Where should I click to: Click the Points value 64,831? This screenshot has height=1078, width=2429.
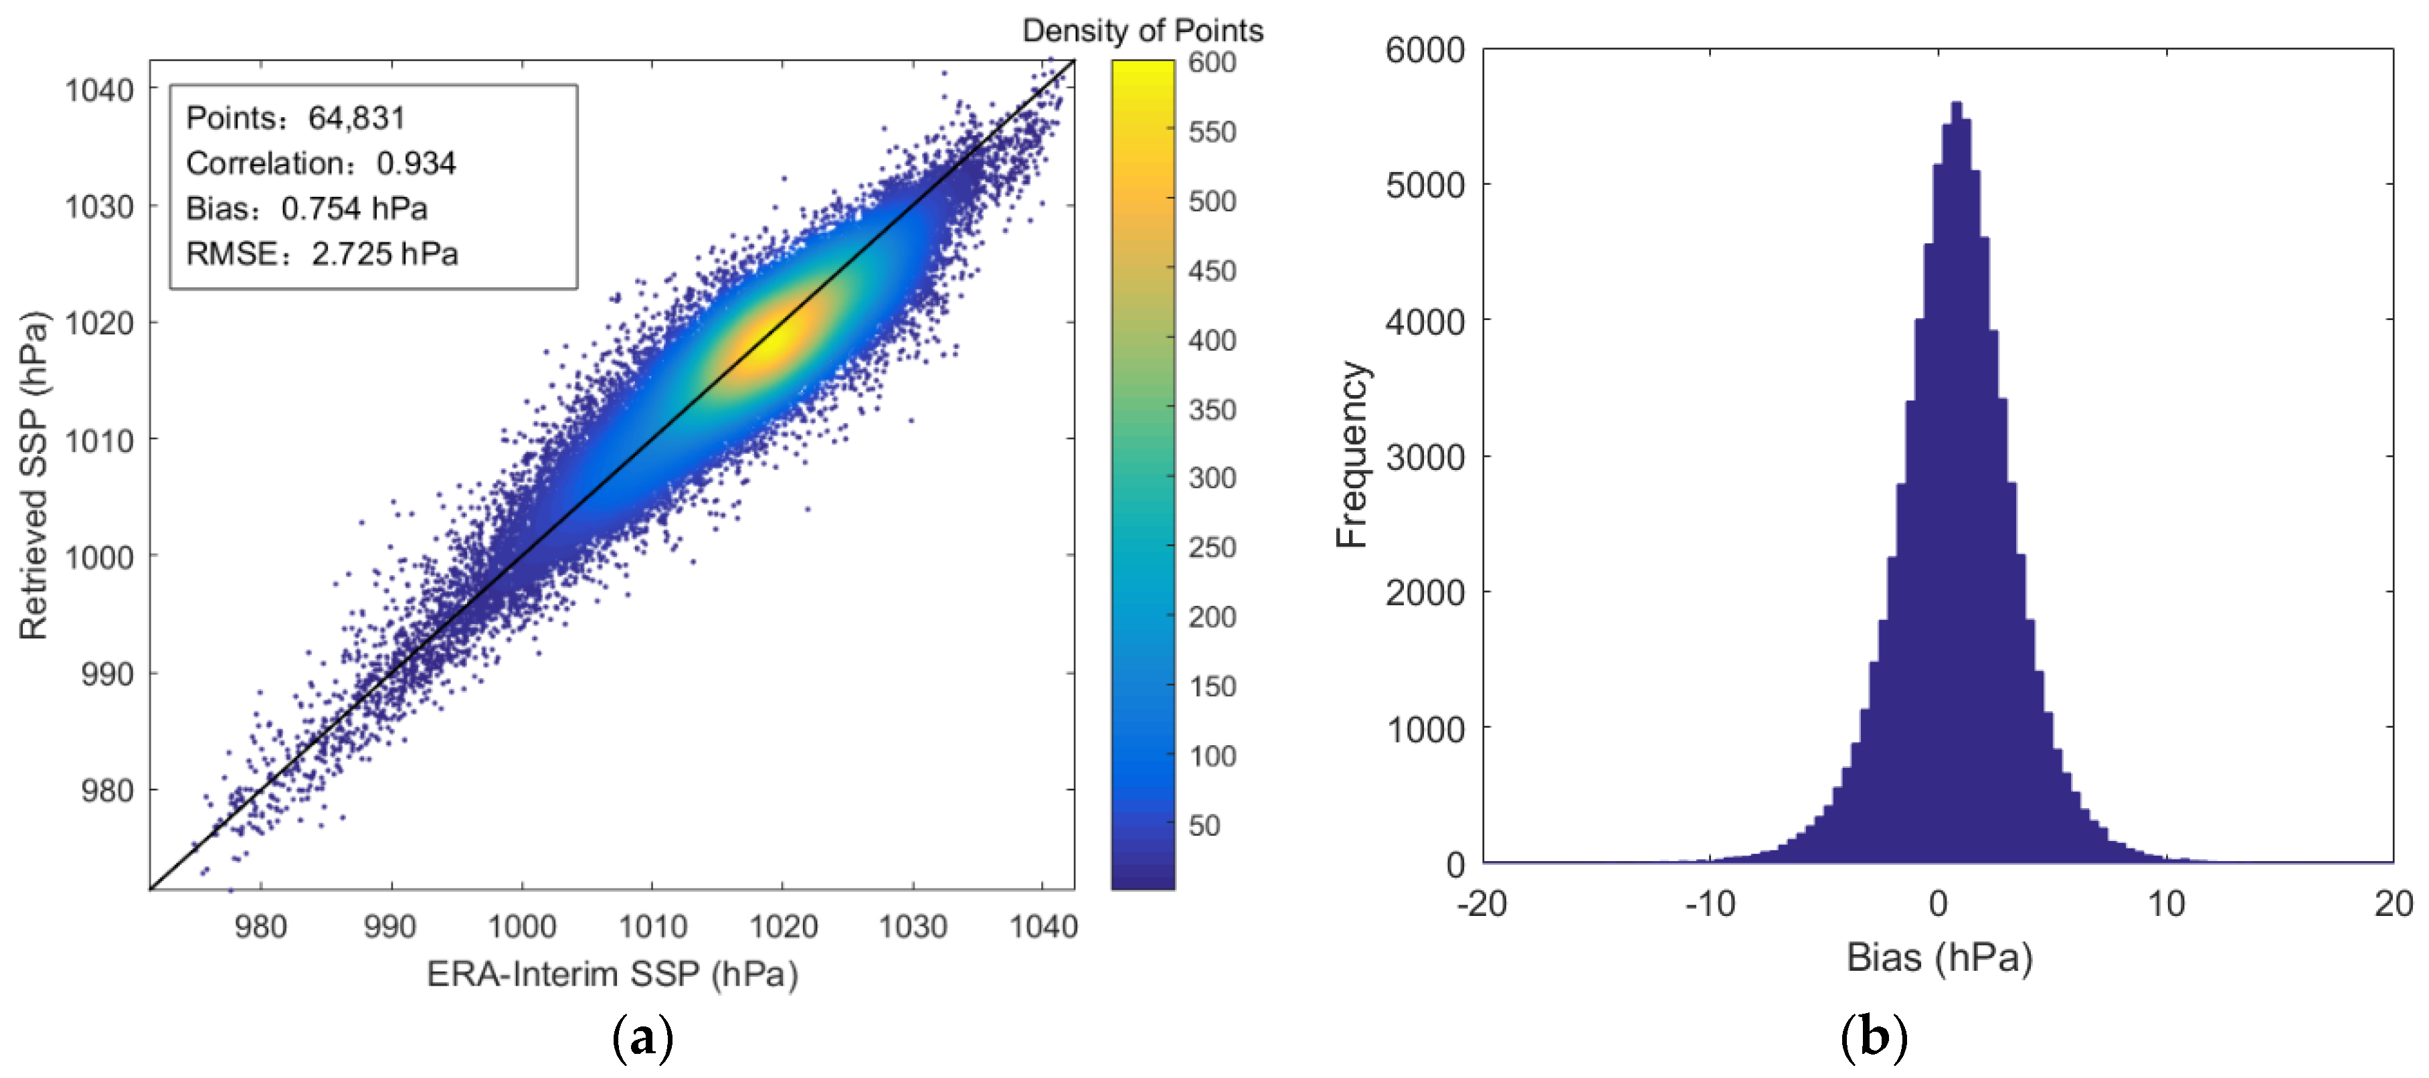click(357, 118)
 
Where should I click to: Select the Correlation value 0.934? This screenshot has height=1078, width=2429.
click(416, 163)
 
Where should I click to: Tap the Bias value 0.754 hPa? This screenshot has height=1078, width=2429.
click(353, 208)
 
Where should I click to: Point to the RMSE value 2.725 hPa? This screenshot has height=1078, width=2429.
click(385, 254)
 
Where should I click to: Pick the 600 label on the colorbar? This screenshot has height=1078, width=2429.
click(1212, 62)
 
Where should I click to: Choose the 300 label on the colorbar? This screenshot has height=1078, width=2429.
click(1212, 478)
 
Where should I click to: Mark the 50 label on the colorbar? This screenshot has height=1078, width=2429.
click(1204, 826)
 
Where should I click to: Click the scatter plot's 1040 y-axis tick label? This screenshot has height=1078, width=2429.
click(99, 90)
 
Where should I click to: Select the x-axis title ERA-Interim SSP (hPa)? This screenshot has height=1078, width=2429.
click(612, 974)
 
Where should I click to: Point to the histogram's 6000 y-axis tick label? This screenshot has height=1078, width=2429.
click(1425, 50)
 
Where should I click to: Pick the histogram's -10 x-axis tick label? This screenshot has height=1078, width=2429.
click(1710, 903)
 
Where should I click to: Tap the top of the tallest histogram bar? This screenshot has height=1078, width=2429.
click(1956, 104)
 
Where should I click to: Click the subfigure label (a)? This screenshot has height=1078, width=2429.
click(643, 1037)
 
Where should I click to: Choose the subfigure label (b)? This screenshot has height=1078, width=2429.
click(1874, 1037)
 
